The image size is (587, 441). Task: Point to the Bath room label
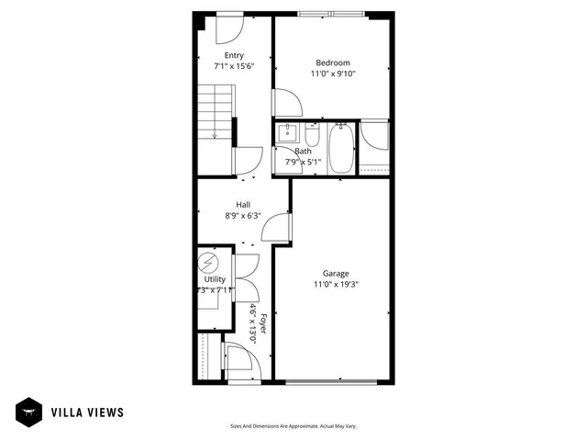point(303,151)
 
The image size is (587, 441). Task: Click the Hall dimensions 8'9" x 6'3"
point(243,216)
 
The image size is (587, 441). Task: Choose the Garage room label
point(335,273)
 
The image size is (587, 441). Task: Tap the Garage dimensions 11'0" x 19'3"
point(335,284)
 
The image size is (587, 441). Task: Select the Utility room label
point(215,278)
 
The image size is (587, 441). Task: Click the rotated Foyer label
point(262,323)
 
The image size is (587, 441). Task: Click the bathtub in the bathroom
point(340,150)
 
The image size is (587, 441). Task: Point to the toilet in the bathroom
point(312,138)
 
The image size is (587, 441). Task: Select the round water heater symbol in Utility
point(207,263)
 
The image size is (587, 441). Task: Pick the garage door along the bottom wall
point(331,381)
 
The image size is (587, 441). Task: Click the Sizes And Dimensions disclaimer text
point(293,426)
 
